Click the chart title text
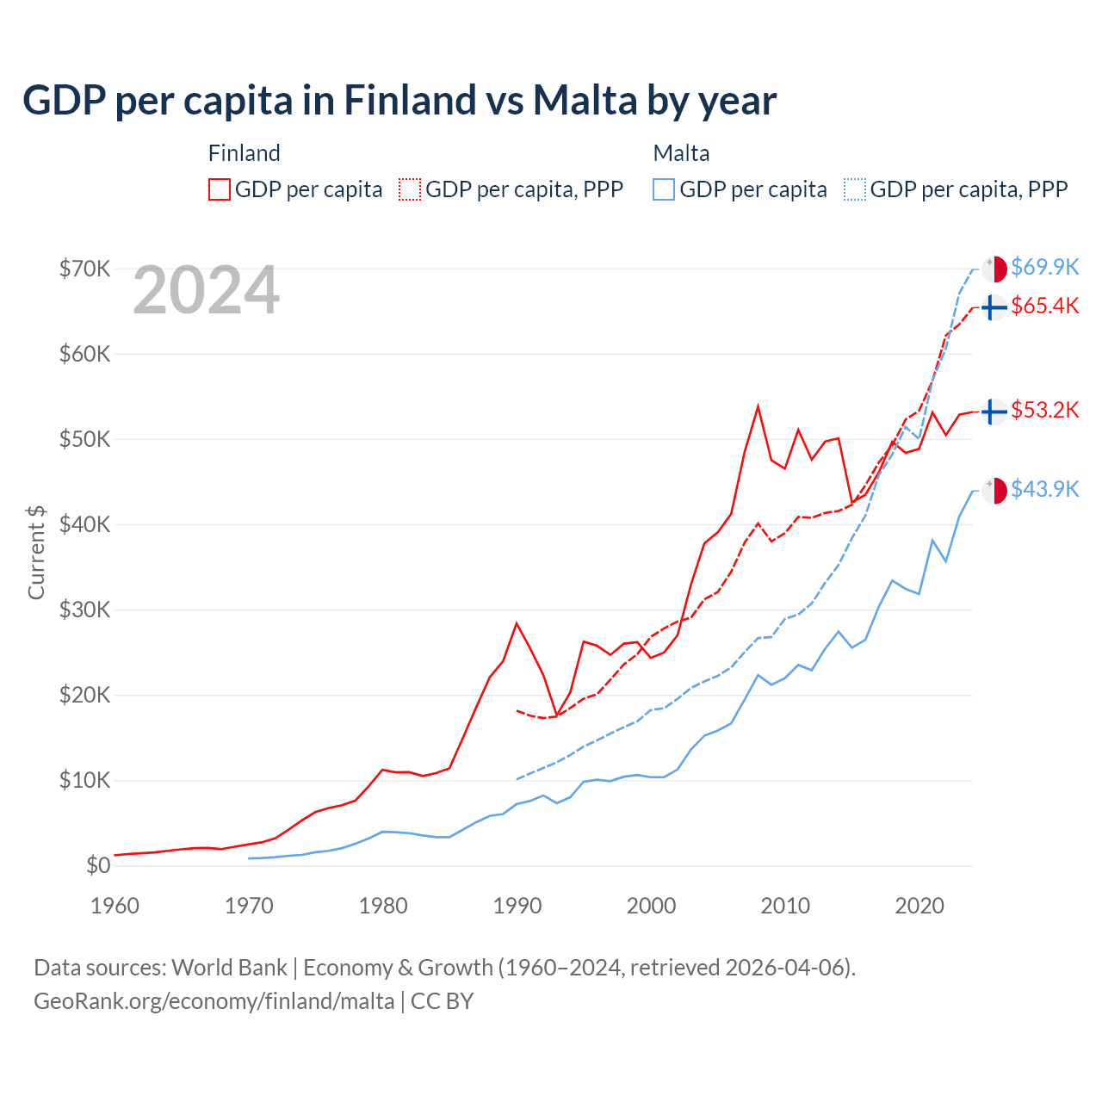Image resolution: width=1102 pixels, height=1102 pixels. (399, 101)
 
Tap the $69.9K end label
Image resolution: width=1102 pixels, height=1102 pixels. (1044, 268)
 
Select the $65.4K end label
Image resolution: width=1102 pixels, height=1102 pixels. (1044, 306)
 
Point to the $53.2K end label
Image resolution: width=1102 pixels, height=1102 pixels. (1044, 410)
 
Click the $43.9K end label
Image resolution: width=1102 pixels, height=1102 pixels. (1044, 490)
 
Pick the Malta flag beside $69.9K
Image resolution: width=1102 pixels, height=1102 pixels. (994, 269)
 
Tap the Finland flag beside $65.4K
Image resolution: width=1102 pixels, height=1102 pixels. (994, 307)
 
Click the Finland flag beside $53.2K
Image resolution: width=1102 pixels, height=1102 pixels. (994, 412)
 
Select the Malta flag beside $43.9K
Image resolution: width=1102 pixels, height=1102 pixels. (994, 491)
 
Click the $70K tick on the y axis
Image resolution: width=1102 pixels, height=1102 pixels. (84, 269)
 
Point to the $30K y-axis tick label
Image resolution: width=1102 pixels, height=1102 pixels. (84, 610)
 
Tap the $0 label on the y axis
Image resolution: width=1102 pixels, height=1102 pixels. (98, 866)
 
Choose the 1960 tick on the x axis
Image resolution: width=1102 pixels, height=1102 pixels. (115, 906)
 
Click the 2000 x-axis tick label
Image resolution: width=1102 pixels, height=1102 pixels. (651, 906)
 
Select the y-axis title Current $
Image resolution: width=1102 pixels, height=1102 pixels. (36, 552)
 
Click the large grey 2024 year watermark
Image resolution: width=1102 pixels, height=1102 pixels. (206, 291)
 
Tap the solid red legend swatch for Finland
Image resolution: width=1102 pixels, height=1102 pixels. (220, 189)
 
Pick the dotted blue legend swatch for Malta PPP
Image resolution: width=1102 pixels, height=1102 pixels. (855, 189)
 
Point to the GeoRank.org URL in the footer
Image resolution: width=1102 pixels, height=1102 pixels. (214, 1001)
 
